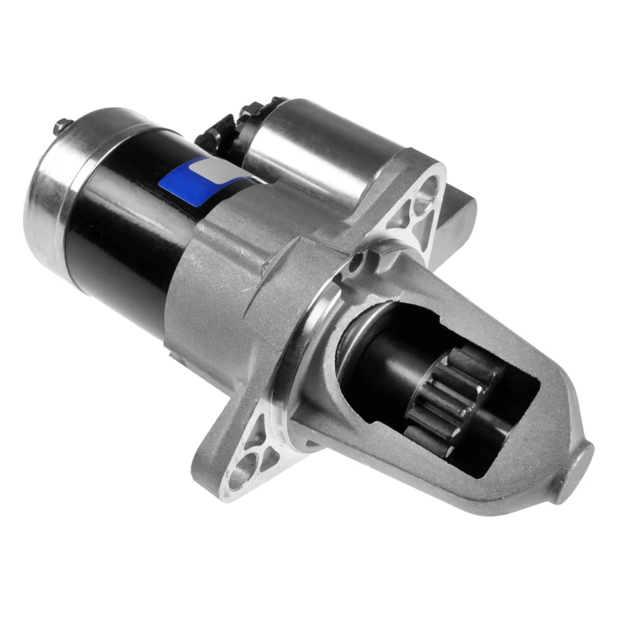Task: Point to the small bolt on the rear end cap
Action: (60, 125)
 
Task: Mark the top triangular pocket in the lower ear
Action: (255, 433)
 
